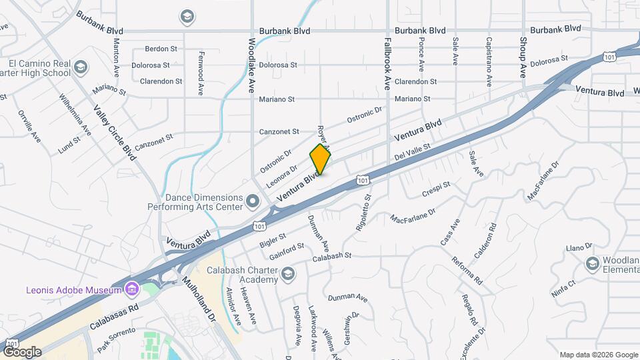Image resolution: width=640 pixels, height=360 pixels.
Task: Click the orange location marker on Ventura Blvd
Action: point(320,159)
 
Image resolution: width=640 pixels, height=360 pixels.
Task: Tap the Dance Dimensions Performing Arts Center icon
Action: point(252,200)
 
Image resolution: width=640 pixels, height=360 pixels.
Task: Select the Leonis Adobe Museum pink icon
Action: point(131,289)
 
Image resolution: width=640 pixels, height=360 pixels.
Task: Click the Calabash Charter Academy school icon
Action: point(287,274)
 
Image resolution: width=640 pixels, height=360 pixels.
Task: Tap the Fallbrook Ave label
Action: point(386,63)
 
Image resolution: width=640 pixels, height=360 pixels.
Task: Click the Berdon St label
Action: point(161,49)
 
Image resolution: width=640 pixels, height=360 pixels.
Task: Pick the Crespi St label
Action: point(437,189)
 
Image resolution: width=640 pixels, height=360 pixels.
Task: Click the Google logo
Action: point(22,351)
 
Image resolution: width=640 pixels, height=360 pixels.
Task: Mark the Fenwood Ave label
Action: point(200,73)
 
